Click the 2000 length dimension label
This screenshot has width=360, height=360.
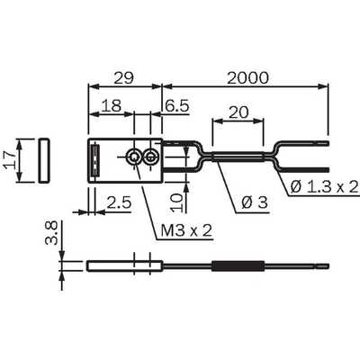click(247, 78)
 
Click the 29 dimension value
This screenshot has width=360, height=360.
click(123, 78)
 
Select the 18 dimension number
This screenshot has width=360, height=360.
click(111, 105)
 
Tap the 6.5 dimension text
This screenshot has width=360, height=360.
click(177, 105)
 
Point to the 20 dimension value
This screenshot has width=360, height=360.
click(238, 112)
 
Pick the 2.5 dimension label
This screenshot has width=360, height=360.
click(119, 202)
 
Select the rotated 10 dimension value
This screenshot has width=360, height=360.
click(176, 202)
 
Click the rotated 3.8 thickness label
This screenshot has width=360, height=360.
click(51, 233)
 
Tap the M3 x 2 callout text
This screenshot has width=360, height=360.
click(186, 230)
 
